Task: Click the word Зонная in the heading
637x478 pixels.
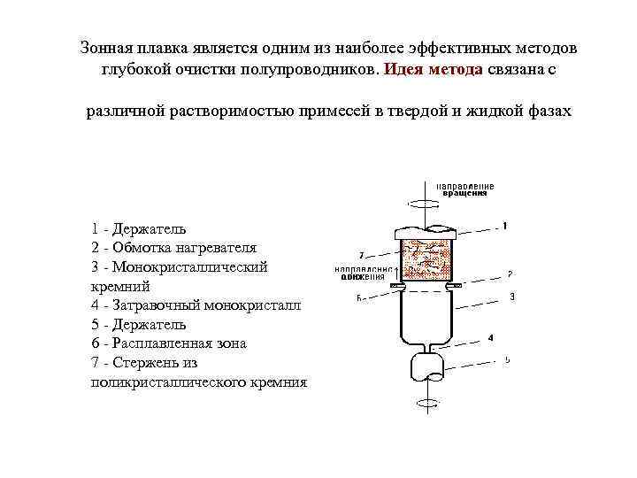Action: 104,46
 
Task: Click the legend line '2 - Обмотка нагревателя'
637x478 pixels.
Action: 173,248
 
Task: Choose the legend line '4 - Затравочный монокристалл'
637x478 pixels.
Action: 196,305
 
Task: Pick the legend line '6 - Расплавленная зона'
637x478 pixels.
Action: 168,343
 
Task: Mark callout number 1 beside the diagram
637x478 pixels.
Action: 504,227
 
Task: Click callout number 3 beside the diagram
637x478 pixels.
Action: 512,297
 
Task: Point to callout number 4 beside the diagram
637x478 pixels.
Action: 491,337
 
